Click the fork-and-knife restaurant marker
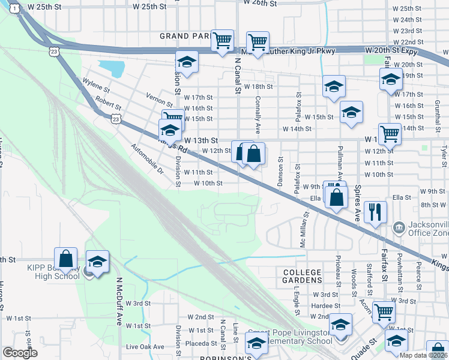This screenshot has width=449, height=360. (x=375, y=212)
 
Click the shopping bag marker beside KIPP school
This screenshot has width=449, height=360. (x=66, y=259)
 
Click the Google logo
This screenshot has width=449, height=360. (x=20, y=353)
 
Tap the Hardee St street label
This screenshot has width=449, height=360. (x=309, y=305)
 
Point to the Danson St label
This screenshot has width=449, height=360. (x=280, y=167)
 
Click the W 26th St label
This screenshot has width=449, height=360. (x=260, y=3)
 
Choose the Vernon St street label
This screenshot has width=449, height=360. (x=159, y=96)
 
